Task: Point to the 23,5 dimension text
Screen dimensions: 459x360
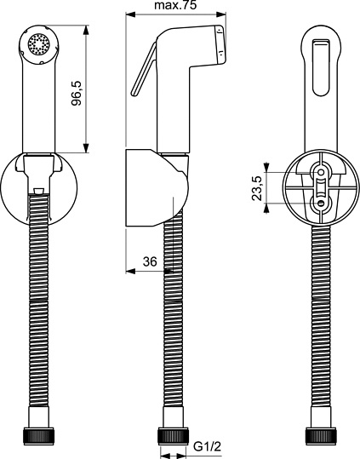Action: pyautogui.click(x=259, y=186)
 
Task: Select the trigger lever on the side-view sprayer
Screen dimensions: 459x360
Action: pyautogui.click(x=141, y=77)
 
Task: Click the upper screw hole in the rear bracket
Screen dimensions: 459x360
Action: pyautogui.click(x=322, y=175)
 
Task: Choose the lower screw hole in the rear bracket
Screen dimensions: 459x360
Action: pyautogui.click(x=322, y=203)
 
